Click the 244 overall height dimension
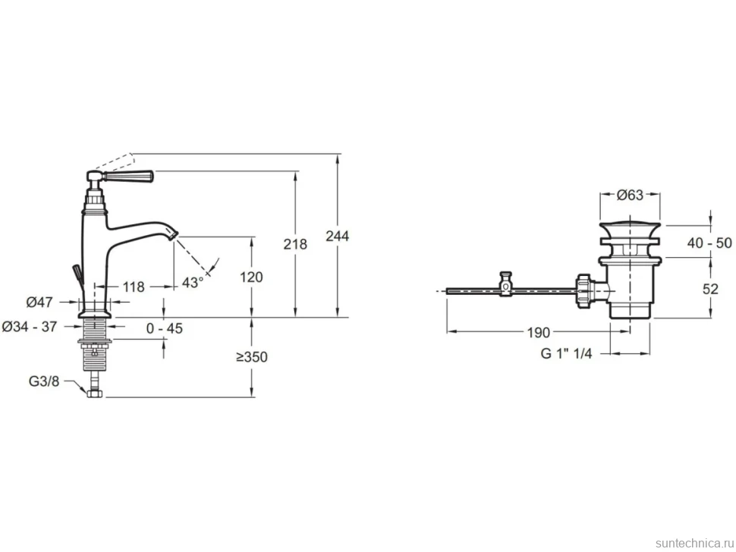338,236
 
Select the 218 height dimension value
295,244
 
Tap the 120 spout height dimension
252,278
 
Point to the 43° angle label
193,282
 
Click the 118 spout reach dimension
134,287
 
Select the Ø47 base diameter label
39,303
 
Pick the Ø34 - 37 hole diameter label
30,326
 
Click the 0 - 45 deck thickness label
165,328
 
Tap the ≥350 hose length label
252,357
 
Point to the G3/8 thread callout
44,381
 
